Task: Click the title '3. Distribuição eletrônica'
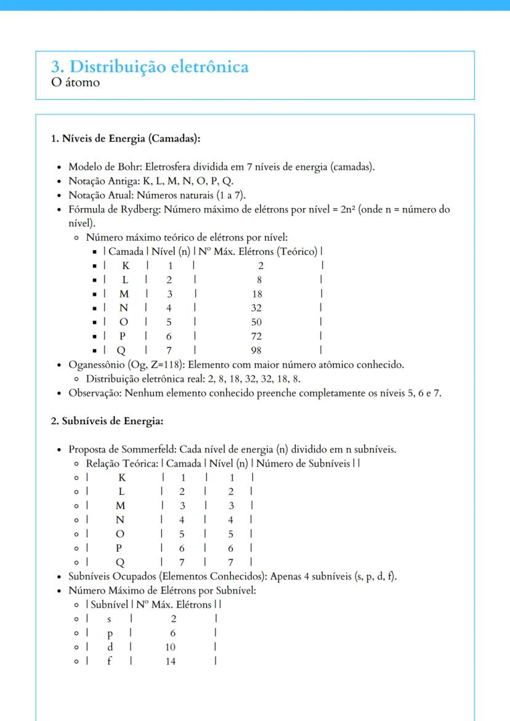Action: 150,66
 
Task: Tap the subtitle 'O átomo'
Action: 75,82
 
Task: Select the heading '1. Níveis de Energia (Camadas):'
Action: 126,139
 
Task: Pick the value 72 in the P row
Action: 256,337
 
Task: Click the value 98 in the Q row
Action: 256,351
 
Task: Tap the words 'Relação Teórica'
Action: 120,463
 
